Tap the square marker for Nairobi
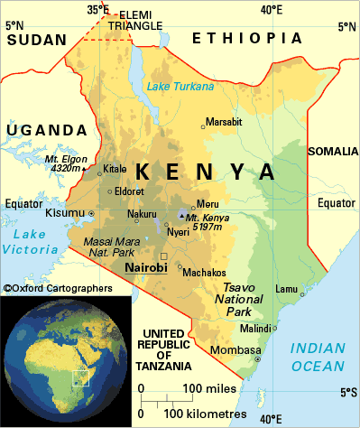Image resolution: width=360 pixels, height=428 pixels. pos(163,256)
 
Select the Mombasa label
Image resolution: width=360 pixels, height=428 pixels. pos(235,349)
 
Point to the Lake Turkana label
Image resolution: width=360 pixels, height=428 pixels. pos(181,87)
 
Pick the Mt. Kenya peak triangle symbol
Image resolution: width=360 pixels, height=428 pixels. pos(182,216)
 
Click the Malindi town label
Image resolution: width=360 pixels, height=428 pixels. pos(254,328)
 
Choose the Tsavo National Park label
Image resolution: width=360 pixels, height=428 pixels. pos(243,301)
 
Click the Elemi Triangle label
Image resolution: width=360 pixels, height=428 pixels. pos(136,21)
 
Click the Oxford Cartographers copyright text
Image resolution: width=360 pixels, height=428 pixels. pos(59,288)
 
